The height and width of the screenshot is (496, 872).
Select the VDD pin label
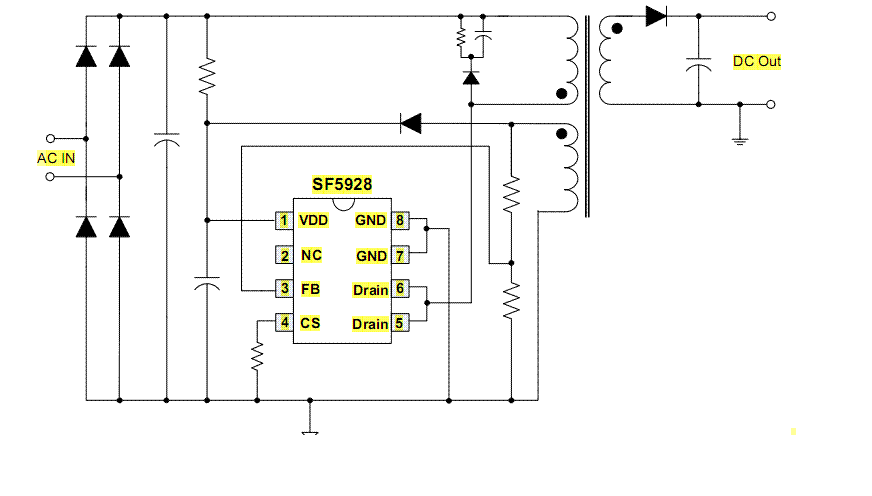[313, 220]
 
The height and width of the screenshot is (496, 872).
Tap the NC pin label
[311, 255]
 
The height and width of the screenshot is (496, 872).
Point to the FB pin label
[310, 289]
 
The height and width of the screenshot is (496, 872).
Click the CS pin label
[310, 323]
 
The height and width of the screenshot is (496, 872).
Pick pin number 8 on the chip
[399, 220]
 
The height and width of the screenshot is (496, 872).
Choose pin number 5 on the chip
[399, 323]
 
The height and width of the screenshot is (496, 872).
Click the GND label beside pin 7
[371, 256]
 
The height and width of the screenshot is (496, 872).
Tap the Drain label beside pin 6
[370, 290]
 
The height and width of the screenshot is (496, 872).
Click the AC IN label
[56, 158]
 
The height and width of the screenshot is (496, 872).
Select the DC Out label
[757, 62]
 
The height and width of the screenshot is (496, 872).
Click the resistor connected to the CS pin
[257, 355]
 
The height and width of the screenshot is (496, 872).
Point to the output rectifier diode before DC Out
[657, 15]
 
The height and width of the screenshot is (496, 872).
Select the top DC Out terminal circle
[772, 15]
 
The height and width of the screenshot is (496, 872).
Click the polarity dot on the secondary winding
[616, 29]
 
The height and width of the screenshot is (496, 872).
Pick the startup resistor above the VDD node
[206, 75]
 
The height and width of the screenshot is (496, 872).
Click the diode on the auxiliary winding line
[410, 123]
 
